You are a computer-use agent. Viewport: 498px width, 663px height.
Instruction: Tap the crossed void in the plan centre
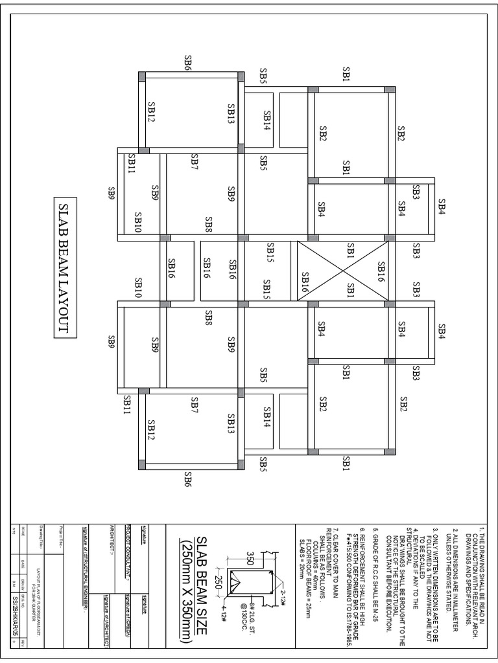pyautogui.click(x=343, y=271)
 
